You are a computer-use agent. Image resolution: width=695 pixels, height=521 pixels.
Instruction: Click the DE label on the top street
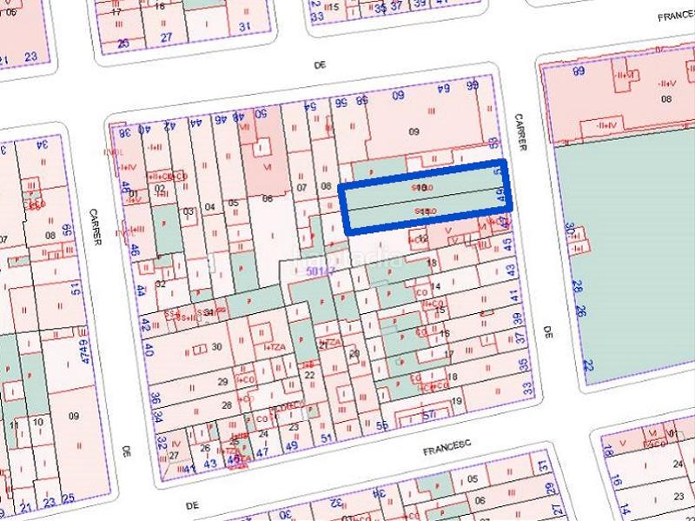[x=317, y=64]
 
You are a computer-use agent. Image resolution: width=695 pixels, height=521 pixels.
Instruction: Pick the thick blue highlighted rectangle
[x=426, y=199]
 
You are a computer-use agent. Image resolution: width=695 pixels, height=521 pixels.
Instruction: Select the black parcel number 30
[x=217, y=346]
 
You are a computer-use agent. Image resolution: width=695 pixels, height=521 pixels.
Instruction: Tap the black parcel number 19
[x=457, y=401]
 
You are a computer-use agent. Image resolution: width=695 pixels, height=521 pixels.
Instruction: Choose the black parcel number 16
[x=445, y=333]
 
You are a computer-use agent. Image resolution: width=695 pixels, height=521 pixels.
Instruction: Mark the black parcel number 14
[x=436, y=286]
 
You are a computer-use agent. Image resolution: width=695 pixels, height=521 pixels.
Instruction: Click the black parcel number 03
[x=187, y=211]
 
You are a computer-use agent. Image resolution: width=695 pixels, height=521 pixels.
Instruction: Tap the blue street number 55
[x=383, y=425]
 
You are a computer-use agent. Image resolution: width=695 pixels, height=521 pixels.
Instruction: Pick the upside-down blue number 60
[x=399, y=94]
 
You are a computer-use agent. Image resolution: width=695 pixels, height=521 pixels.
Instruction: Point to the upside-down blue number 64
[x=440, y=90]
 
